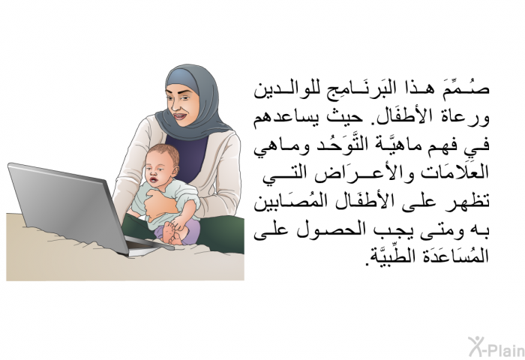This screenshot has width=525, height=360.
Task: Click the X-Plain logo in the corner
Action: coord(496,346)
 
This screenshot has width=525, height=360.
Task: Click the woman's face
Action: coord(181,104)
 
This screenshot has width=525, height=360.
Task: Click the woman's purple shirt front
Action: coord(188,157)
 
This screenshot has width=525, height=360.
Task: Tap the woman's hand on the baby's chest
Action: coord(160,205)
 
